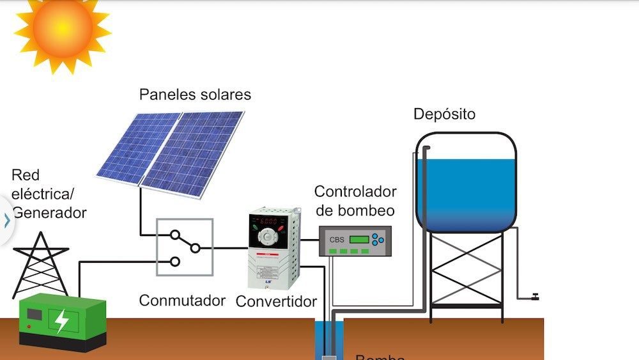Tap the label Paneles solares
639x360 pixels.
[195, 95]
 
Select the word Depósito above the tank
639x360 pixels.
[444, 114]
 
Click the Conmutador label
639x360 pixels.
[182, 300]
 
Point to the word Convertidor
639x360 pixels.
[276, 301]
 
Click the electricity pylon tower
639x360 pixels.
[41, 262]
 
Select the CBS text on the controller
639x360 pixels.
[336, 240]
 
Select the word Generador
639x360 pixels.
[49, 213]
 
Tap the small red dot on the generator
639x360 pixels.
[28, 327]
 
